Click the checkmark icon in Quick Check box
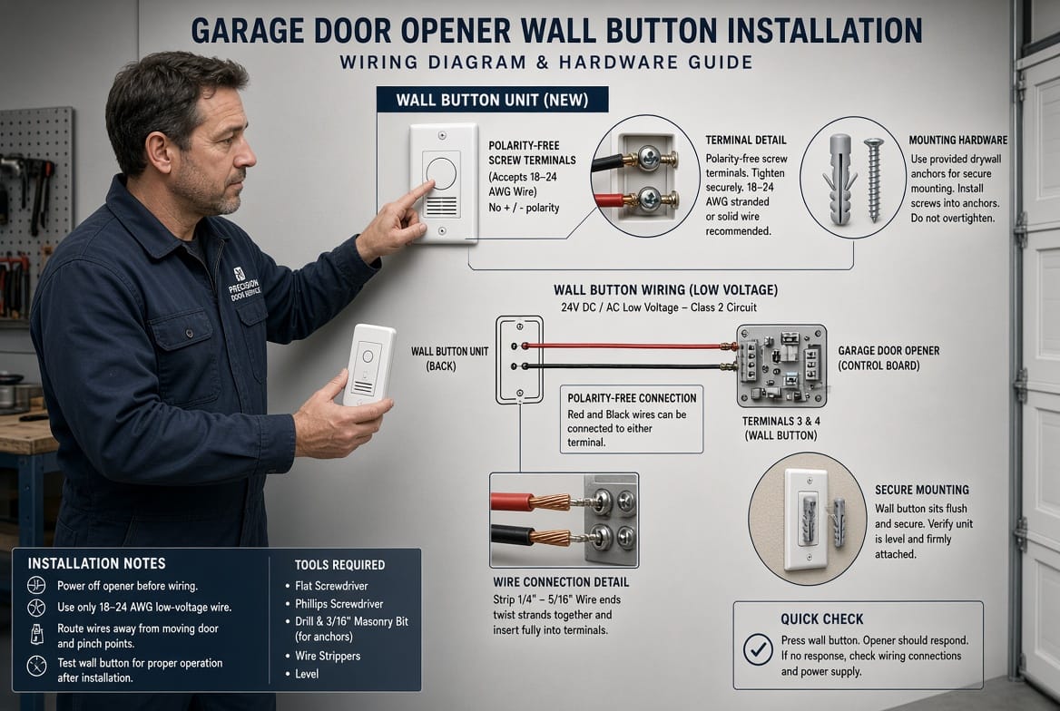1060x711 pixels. point(758,648)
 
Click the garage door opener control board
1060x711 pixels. point(781,365)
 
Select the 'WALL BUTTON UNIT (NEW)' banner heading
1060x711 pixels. point(492,100)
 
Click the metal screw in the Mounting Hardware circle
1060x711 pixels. point(873,179)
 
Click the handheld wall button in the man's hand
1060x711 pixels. point(368,365)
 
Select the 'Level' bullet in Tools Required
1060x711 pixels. point(307,674)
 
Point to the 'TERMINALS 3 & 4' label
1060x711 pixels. point(780,421)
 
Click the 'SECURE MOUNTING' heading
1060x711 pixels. point(921,490)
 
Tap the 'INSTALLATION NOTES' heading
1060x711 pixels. point(97,563)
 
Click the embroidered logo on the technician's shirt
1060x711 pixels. point(242,285)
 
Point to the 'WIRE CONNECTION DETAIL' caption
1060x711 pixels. point(561,582)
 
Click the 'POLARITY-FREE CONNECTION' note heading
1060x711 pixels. point(632,398)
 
